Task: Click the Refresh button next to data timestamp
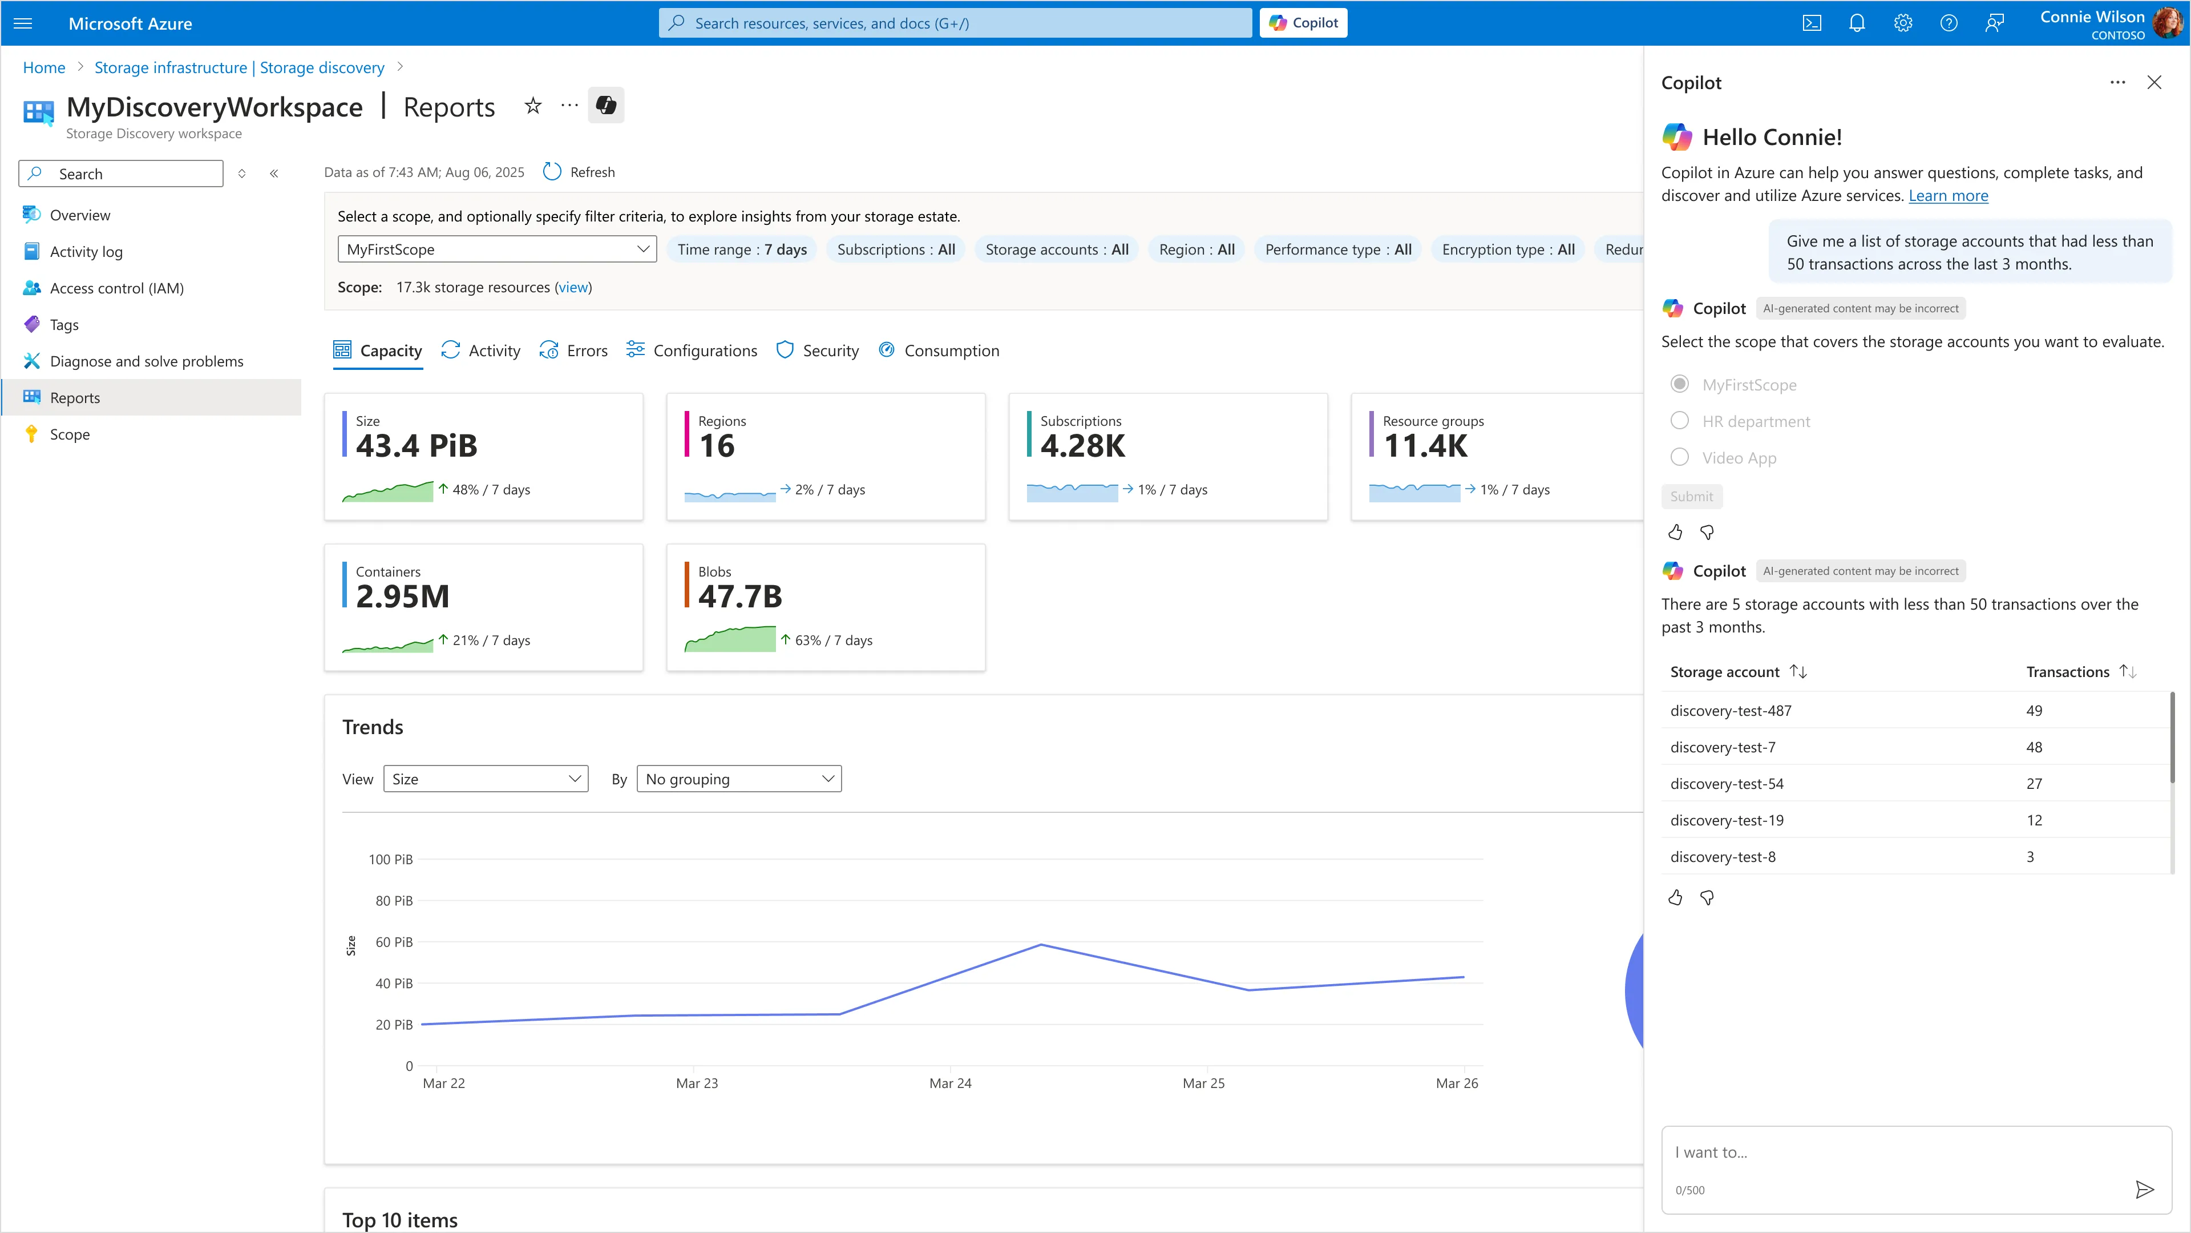pyautogui.click(x=579, y=172)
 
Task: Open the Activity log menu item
pyautogui.click(x=86, y=252)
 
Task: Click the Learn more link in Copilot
pyautogui.click(x=1948, y=196)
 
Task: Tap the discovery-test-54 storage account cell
pyautogui.click(x=1727, y=784)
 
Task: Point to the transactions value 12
pyautogui.click(x=2034, y=820)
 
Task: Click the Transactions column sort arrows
pyautogui.click(x=2128, y=671)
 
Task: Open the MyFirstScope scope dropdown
pyautogui.click(x=497, y=249)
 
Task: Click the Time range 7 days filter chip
pyautogui.click(x=742, y=249)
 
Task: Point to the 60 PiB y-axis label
pyautogui.click(x=394, y=942)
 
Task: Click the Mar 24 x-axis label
pyautogui.click(x=950, y=1083)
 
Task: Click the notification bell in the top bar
pyautogui.click(x=1857, y=23)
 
